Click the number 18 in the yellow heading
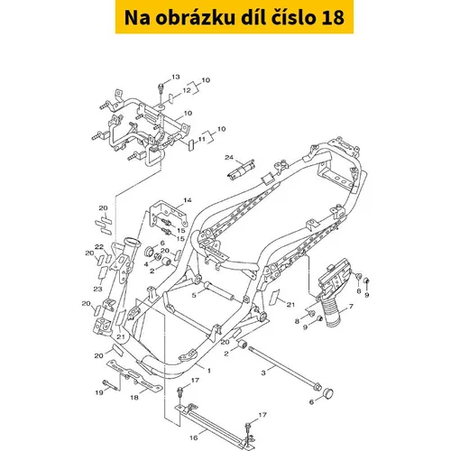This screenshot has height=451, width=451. (x=333, y=17)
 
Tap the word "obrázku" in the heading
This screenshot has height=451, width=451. (x=196, y=17)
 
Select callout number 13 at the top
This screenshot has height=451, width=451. (x=176, y=77)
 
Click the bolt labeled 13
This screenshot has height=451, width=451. (x=161, y=89)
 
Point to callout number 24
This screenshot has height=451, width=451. (x=229, y=157)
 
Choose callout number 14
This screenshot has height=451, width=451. (x=188, y=200)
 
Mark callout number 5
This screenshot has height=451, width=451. (x=194, y=295)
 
